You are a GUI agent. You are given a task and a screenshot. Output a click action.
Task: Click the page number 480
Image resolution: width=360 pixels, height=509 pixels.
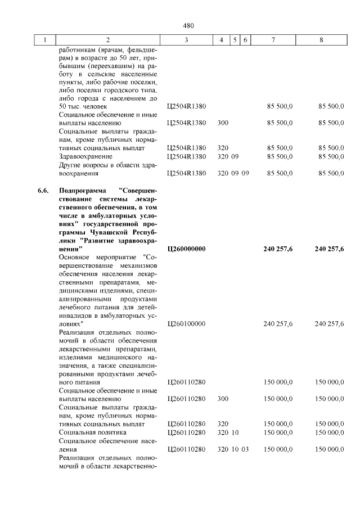tap(188, 26)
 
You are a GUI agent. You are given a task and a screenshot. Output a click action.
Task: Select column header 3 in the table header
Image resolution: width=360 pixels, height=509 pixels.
tap(186, 40)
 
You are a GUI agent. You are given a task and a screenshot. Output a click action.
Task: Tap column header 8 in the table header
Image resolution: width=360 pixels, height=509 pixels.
tap(321, 40)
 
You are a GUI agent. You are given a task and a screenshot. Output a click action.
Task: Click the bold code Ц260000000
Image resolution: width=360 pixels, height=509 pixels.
tap(186, 249)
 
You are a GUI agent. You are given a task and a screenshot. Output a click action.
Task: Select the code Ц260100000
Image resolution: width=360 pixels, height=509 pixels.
tap(186, 324)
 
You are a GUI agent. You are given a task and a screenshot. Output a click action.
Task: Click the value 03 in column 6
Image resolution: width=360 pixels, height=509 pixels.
tap(245, 449)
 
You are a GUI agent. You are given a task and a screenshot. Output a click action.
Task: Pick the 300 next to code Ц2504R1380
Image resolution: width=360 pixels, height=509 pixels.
tap(223, 123)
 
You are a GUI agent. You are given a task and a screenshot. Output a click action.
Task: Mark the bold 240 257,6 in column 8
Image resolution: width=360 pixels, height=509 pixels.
tap(329, 249)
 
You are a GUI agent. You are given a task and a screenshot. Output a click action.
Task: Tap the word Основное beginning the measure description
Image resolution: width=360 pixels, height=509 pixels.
tap(76, 257)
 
